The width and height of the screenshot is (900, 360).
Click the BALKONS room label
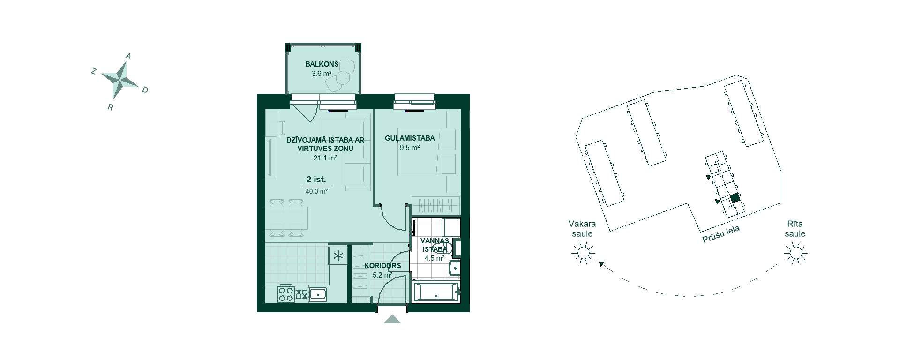[322, 64]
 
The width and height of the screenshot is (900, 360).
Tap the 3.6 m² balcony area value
[322, 74]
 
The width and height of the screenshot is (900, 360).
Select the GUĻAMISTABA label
[410, 138]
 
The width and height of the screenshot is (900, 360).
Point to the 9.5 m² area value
[410, 148]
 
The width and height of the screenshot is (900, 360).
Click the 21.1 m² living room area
[325, 158]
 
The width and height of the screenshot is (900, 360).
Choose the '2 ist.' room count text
[316, 180]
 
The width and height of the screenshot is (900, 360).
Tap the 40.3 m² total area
[316, 191]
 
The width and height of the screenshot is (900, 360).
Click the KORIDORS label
[382, 266]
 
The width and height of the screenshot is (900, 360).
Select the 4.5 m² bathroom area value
[434, 258]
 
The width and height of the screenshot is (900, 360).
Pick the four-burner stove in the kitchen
[286, 294]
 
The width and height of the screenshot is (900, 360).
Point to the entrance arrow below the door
[392, 319]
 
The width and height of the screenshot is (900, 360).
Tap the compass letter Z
[94, 71]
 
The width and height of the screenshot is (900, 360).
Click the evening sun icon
[583, 253]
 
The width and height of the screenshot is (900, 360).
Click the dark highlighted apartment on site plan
[735, 198]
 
